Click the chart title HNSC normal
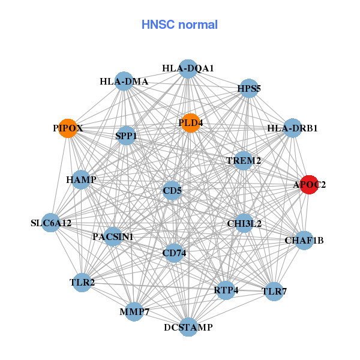point(179,25)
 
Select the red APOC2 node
point(308,185)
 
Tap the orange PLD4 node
point(190,123)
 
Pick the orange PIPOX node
point(68,128)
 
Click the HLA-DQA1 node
point(188,68)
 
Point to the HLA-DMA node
point(124,82)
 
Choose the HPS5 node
point(248,89)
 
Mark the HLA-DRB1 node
point(292,128)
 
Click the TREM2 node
point(243,161)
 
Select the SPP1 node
point(126,136)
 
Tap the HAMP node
point(81,179)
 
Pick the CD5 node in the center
point(172,191)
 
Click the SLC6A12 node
point(51,223)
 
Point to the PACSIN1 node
point(113,237)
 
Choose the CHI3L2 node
point(244,224)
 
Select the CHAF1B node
point(304,241)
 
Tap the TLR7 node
point(274,292)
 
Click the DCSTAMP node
point(188,327)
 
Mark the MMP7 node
point(134,312)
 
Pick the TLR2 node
point(82,281)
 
